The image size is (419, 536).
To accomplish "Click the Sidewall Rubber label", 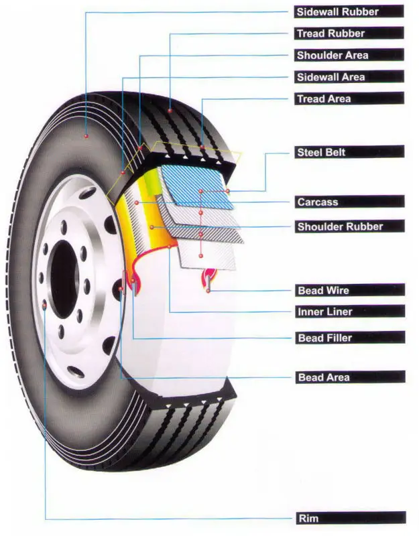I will point(349,11).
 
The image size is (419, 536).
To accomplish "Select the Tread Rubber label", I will point(349,33).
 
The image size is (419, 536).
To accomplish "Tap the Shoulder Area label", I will point(349,55).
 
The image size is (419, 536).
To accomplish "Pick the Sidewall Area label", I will point(349,77).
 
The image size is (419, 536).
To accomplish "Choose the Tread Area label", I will point(349,98).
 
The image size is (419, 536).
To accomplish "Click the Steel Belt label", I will point(349,152).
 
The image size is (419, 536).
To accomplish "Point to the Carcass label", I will point(349,202).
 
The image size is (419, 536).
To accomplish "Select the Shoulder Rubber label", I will point(349,226).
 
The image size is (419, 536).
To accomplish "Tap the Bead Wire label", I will point(349,291).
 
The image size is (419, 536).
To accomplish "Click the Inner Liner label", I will point(349,312).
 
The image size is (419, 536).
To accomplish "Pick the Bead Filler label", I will point(349,338).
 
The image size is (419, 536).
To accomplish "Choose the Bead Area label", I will point(349,378).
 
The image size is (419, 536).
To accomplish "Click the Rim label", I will point(349,519).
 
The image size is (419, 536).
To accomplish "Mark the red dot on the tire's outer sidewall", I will point(86,136).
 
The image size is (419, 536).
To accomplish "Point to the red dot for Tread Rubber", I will point(170,109).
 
